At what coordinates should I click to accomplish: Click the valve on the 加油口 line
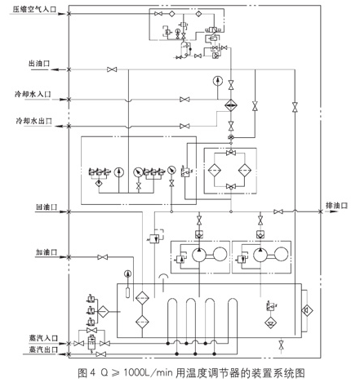(x=102, y=256)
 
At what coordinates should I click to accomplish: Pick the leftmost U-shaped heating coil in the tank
(x=172, y=314)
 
